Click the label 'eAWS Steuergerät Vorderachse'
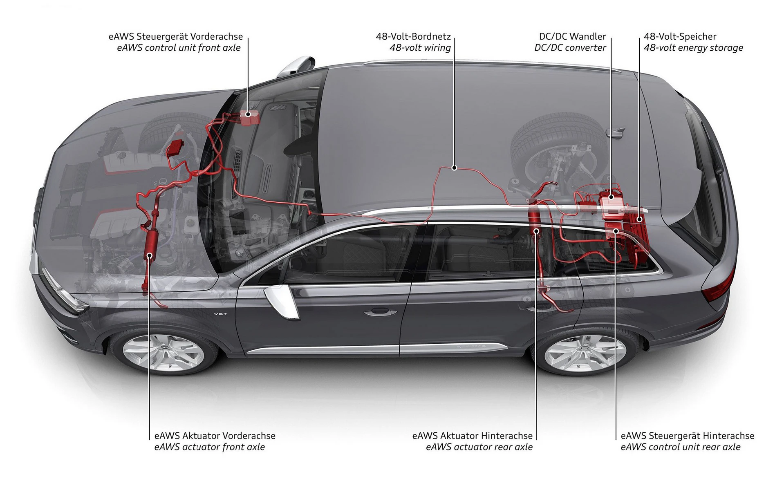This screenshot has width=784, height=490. coord(175,36)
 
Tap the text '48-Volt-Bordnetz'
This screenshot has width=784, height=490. coord(413,36)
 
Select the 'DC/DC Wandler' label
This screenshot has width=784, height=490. coord(572,36)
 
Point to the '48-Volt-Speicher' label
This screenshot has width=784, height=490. coord(680,36)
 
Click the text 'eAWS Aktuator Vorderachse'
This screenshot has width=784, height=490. coord(215,436)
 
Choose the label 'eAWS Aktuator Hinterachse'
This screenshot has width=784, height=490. coord(472,436)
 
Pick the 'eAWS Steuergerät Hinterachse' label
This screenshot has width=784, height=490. coord(687,436)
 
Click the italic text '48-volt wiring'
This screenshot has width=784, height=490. coord(420,48)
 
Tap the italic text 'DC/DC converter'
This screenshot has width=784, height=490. coord(570,48)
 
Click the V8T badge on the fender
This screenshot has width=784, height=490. coord(220,314)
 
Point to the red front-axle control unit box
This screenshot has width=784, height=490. coord(249,117)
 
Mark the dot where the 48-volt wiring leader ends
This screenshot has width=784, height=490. coord(454,167)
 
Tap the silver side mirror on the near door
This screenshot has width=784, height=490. coord(281,301)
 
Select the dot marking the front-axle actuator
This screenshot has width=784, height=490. coord(150,255)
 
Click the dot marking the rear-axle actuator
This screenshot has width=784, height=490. coord(536,231)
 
